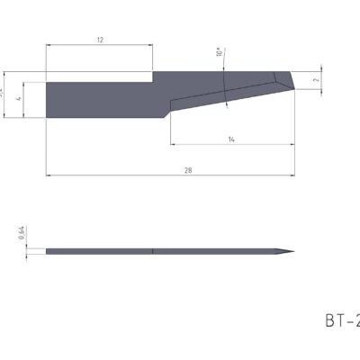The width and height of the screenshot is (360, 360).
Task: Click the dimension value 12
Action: pos(100,40)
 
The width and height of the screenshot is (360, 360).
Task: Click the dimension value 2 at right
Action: pos(315,79)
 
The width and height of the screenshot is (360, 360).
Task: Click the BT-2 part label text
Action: pos(340,319)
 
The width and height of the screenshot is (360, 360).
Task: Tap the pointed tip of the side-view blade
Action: pos(293,251)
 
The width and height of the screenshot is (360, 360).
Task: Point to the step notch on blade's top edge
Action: pos(157,78)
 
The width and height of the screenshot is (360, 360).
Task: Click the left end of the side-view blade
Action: pos(47,251)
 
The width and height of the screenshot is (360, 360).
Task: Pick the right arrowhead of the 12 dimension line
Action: pos(154,46)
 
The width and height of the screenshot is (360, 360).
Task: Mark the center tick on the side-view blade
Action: pos(155,251)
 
